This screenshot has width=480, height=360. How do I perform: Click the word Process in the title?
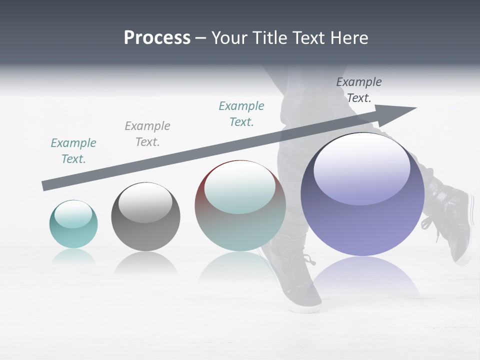(157, 38)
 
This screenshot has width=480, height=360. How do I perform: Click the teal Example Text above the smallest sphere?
(73, 151)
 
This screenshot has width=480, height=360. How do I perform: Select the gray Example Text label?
(147, 134)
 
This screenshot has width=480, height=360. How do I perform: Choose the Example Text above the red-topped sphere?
(241, 114)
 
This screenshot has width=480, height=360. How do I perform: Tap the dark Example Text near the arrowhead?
(359, 90)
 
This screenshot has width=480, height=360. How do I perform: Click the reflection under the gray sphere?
(145, 262)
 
